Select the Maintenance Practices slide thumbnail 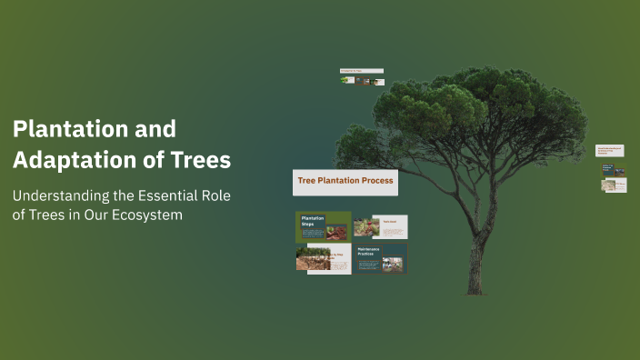pos(381,258)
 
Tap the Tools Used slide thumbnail pos(381,227)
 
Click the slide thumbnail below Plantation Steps pos(323,258)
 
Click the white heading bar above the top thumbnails pos(361,70)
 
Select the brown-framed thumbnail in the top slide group pos(363,80)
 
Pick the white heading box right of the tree pos(609,150)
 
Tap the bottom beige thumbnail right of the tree pos(614,185)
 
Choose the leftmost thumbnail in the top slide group pos(346,80)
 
